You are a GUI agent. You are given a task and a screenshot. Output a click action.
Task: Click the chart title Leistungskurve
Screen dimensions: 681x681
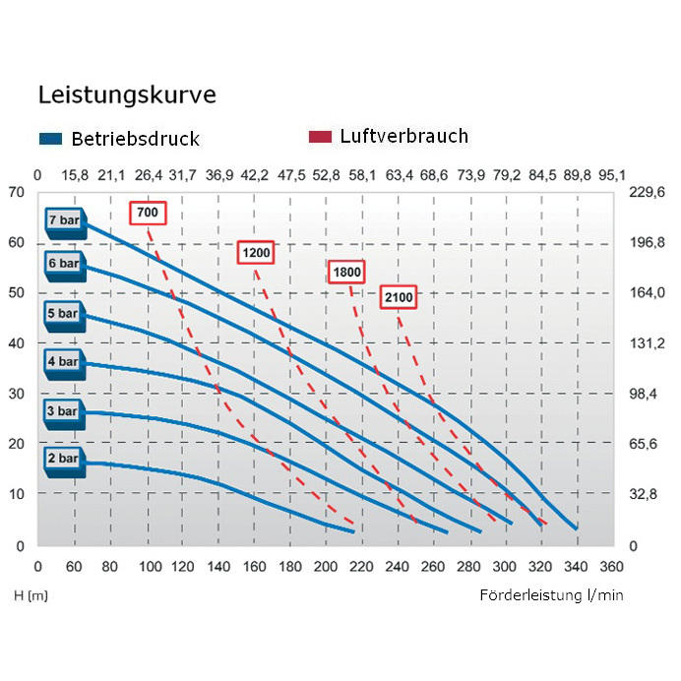point(127,95)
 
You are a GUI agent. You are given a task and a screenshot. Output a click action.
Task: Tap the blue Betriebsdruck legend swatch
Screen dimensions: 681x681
point(51,139)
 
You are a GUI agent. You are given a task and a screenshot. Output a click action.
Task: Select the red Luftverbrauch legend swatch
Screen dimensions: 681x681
point(320,137)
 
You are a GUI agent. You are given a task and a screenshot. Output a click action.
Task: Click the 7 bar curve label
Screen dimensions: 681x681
point(64,218)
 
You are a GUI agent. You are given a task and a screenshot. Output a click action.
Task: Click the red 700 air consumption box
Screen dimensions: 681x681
point(147,213)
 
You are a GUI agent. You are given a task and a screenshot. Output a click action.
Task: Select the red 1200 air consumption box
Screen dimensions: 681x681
point(256,253)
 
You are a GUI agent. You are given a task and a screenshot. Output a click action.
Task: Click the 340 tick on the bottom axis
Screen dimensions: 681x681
point(576,566)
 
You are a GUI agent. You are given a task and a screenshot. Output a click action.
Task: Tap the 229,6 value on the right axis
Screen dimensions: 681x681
point(648,192)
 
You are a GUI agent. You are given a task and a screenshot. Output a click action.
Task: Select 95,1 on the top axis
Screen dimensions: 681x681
point(611,175)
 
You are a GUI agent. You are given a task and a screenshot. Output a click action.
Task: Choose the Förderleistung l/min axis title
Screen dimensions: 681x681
point(551,595)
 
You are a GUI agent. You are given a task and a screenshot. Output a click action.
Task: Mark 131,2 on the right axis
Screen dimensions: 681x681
point(648,343)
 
